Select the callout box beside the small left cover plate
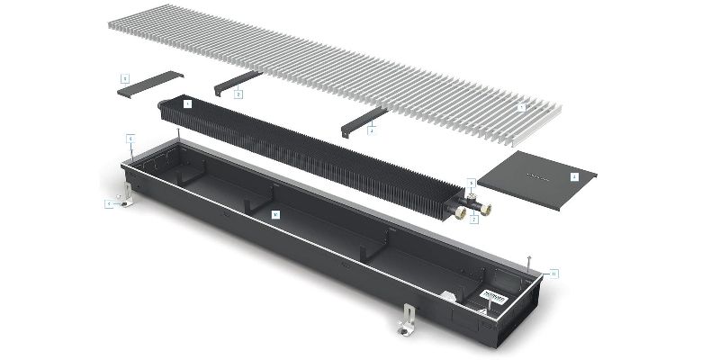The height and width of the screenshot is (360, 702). coord(125,78)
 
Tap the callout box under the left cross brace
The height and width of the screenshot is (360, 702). coord(238,94)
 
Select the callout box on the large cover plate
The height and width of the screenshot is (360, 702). coord(574,177)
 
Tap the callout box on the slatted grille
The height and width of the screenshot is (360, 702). coord(521,107)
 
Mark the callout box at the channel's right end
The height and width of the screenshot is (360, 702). coord(553,273)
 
